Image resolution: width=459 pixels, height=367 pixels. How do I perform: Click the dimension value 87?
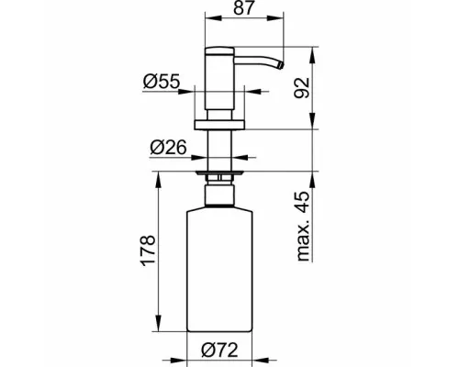(x=244, y=7)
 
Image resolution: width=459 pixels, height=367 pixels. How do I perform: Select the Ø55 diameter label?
(x=162, y=82)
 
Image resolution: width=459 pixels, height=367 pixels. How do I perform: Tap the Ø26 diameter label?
(x=168, y=148)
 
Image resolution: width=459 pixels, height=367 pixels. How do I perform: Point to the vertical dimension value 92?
(x=301, y=88)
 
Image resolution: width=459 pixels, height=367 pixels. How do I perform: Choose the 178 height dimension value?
(x=148, y=250)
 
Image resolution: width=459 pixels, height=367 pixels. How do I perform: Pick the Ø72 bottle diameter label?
(x=219, y=350)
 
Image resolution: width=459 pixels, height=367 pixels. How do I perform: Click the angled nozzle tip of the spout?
(x=280, y=65)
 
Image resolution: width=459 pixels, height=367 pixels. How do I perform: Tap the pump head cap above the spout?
(x=219, y=51)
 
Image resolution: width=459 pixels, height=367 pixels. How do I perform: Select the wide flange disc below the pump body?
(x=219, y=125)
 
